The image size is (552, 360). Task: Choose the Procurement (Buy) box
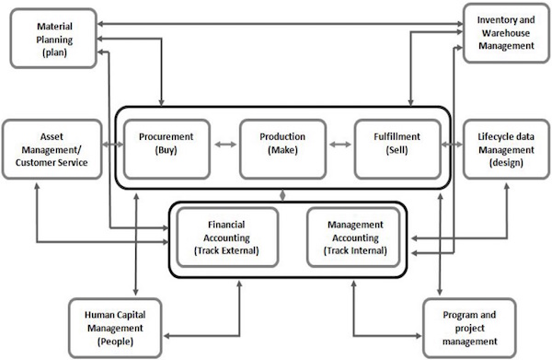(x=166, y=146)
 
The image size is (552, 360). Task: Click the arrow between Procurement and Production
(x=224, y=145)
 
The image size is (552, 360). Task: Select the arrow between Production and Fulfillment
(x=339, y=145)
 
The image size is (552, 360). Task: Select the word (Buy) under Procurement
(x=166, y=153)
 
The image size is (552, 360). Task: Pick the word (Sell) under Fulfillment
(x=396, y=153)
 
